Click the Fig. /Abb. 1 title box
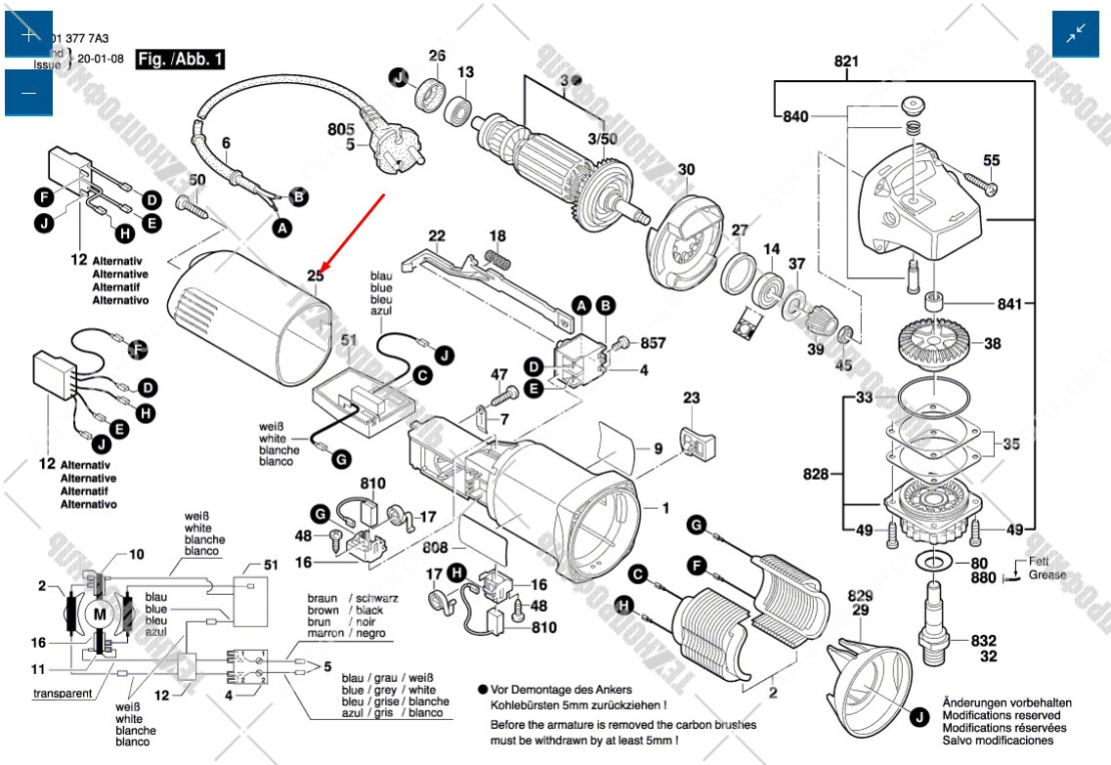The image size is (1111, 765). point(181,60)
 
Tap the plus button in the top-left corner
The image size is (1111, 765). point(28,35)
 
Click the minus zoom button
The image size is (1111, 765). point(28,93)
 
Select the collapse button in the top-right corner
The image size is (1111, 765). point(1076,35)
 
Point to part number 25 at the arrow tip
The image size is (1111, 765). point(316,276)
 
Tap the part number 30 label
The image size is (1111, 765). point(687,170)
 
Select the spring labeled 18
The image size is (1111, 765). point(498,261)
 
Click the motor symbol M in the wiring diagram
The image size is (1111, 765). point(100,614)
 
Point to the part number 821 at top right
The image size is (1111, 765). point(846,63)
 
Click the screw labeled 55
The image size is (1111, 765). point(976,179)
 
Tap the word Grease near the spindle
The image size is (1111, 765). point(1047,575)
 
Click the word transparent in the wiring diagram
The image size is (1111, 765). point(63,694)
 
